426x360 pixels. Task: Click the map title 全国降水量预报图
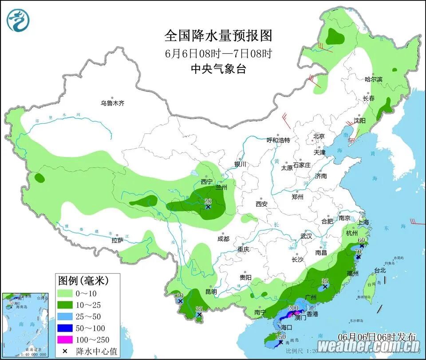[218, 35]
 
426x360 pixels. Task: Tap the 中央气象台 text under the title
[218, 69]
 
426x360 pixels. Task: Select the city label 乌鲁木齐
[112, 103]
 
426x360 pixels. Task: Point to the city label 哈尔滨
[373, 79]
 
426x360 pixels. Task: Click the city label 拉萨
[118, 241]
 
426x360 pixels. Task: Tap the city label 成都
[224, 239]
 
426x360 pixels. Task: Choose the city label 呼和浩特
[278, 140]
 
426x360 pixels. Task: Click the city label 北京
[319, 136]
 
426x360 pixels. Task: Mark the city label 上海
[363, 223]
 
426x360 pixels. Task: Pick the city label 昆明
[211, 292]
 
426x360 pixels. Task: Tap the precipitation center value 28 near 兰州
[208, 201]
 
